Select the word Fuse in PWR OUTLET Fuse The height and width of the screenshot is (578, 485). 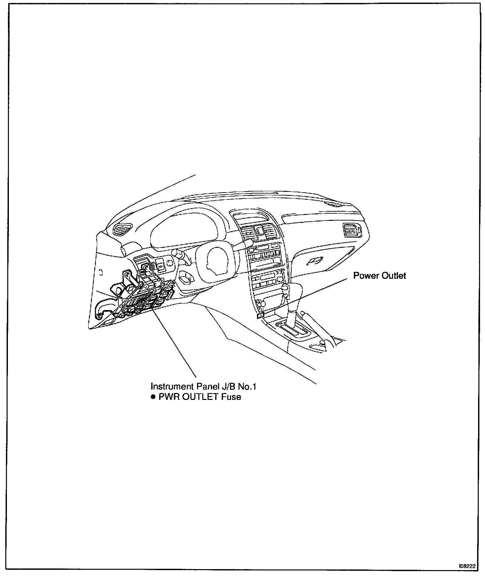(x=231, y=397)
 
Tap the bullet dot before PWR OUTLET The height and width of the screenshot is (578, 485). (x=153, y=397)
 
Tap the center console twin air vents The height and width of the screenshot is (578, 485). (x=258, y=232)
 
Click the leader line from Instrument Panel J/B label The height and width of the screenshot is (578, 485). (x=175, y=342)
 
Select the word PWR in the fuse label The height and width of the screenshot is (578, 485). (x=167, y=397)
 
